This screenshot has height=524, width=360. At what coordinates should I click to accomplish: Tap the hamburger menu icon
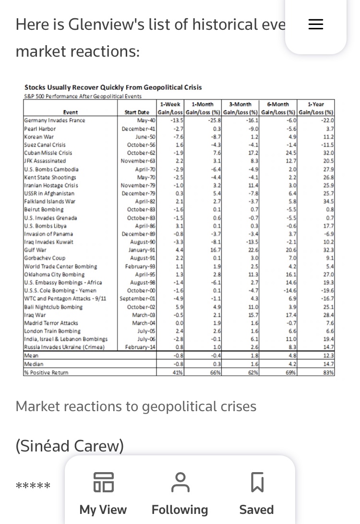coord(315,24)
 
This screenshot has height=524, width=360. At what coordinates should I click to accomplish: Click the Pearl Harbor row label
coord(38,129)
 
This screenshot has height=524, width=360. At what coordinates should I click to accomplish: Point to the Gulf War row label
coord(35,250)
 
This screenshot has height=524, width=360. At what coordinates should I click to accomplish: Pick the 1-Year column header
coord(315,104)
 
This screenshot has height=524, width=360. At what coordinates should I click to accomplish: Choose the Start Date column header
coord(137,112)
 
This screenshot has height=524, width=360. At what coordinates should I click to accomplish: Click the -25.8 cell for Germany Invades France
coord(211,121)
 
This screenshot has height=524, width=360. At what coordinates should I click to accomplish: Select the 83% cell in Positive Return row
coord(327,372)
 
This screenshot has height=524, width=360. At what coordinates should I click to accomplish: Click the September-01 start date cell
coord(139,298)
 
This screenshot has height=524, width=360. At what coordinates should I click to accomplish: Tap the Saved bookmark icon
coord(257,482)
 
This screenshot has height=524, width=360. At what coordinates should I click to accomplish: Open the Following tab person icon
coord(180,482)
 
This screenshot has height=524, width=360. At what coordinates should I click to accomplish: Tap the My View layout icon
coord(103,482)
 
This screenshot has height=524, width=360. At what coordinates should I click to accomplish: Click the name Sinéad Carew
coord(70,446)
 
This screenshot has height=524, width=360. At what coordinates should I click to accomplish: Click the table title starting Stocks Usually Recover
coord(113,87)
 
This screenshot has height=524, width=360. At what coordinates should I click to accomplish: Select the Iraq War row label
coord(34,315)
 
